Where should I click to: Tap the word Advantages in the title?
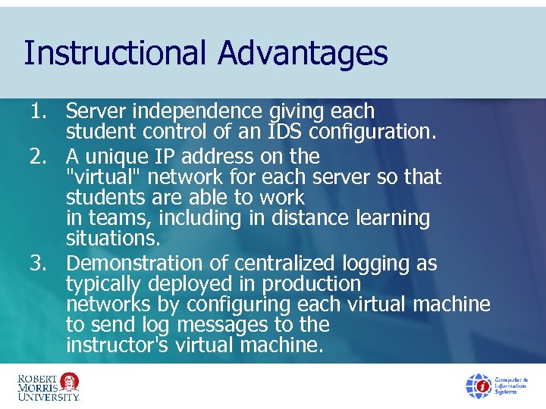pyautogui.click(x=303, y=54)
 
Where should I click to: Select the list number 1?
pyautogui.click(x=39, y=111)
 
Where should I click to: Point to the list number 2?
pyautogui.click(x=39, y=157)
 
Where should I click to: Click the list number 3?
pyautogui.click(x=39, y=264)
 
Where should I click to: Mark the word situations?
pyautogui.click(x=111, y=239)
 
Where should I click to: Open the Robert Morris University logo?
pyautogui.click(x=48, y=386)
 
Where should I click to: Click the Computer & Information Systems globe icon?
pyautogui.click(x=479, y=386)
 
